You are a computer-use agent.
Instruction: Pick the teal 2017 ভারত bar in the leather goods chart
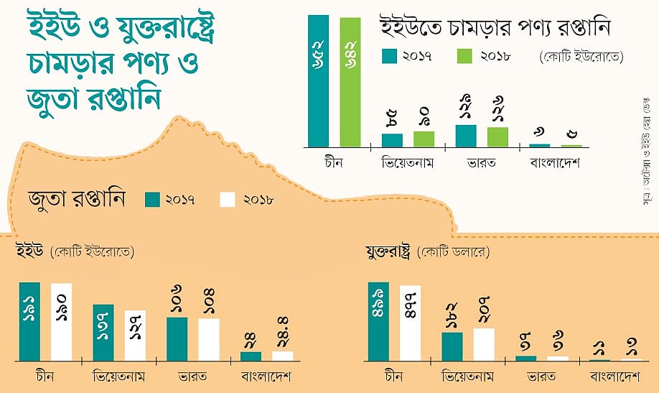(x=466, y=136)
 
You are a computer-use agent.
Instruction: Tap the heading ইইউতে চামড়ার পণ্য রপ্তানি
(x=495, y=29)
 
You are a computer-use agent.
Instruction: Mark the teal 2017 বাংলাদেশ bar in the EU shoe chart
(x=251, y=356)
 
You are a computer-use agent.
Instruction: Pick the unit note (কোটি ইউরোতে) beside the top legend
(x=580, y=55)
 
